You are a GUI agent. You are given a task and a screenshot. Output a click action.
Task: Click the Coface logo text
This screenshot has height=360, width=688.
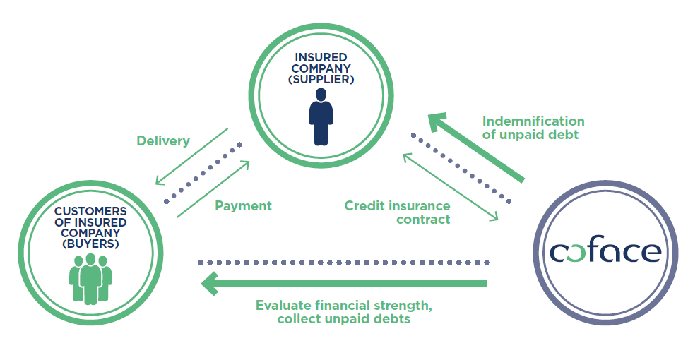[x=607, y=251]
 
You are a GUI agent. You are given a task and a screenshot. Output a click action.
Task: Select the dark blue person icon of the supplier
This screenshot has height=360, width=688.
[x=321, y=116]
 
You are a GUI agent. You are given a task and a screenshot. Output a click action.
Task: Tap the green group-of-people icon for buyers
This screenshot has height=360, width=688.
[x=90, y=277]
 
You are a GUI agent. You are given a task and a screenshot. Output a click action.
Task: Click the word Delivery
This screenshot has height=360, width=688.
[x=163, y=141]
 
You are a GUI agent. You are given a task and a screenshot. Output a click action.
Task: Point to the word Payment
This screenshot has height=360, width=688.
[x=243, y=206]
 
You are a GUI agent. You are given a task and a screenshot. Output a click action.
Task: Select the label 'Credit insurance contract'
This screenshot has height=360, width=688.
[x=397, y=212]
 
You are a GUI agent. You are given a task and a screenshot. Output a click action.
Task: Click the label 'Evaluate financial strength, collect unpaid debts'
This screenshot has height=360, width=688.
[x=344, y=312]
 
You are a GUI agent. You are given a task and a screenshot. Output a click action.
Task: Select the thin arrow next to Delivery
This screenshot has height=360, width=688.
[x=191, y=157]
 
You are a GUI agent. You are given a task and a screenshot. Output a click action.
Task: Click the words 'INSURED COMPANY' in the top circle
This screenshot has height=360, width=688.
[x=321, y=63]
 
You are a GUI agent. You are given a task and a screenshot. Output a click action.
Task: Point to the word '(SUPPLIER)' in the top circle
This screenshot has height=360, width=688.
[x=321, y=80]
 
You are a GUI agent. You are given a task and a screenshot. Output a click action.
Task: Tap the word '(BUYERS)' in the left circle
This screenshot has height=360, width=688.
[x=90, y=244]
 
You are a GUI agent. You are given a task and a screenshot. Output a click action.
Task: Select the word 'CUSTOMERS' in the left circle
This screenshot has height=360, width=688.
[x=90, y=212]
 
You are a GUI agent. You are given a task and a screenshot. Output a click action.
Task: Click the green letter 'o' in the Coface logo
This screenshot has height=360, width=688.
[x=580, y=252]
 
